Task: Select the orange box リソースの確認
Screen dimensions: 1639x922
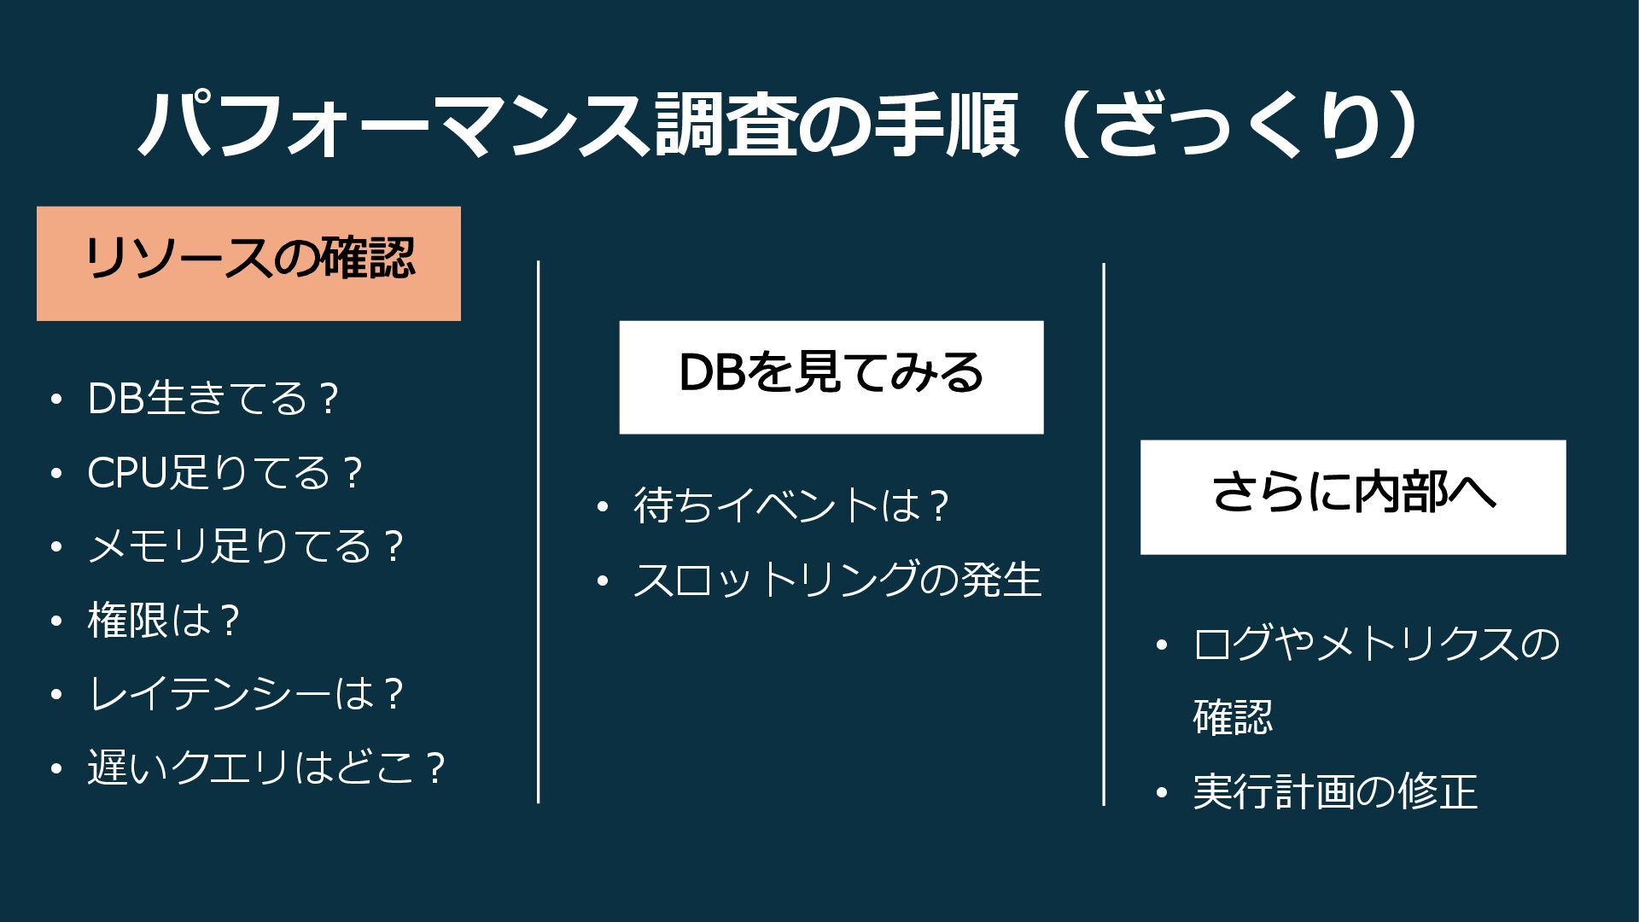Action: pos(248,264)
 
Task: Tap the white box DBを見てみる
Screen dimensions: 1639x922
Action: pos(831,377)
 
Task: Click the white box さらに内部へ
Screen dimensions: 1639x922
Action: pos(1353,497)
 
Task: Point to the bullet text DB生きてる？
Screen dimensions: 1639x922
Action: pos(213,399)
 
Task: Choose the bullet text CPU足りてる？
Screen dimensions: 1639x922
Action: pos(225,473)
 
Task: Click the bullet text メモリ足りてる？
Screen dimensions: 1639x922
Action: pos(245,546)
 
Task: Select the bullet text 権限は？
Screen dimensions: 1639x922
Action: pos(162,621)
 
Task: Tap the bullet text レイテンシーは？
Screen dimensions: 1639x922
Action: pos(245,695)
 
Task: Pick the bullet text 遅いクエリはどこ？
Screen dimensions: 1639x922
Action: pos(266,768)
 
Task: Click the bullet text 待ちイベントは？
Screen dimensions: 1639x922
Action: pos(791,505)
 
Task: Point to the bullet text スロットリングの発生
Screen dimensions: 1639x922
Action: pos(837,580)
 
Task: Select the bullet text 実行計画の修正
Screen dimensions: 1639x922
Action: pos(1335,791)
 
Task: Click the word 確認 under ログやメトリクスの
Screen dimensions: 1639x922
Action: pos(1233,717)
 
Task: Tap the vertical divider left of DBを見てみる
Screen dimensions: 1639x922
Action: pos(538,531)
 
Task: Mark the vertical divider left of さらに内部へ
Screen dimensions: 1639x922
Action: pos(1104,534)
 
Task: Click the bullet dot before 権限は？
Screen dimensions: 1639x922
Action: pos(56,621)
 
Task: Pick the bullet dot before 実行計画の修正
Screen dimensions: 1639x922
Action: pos(1161,792)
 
